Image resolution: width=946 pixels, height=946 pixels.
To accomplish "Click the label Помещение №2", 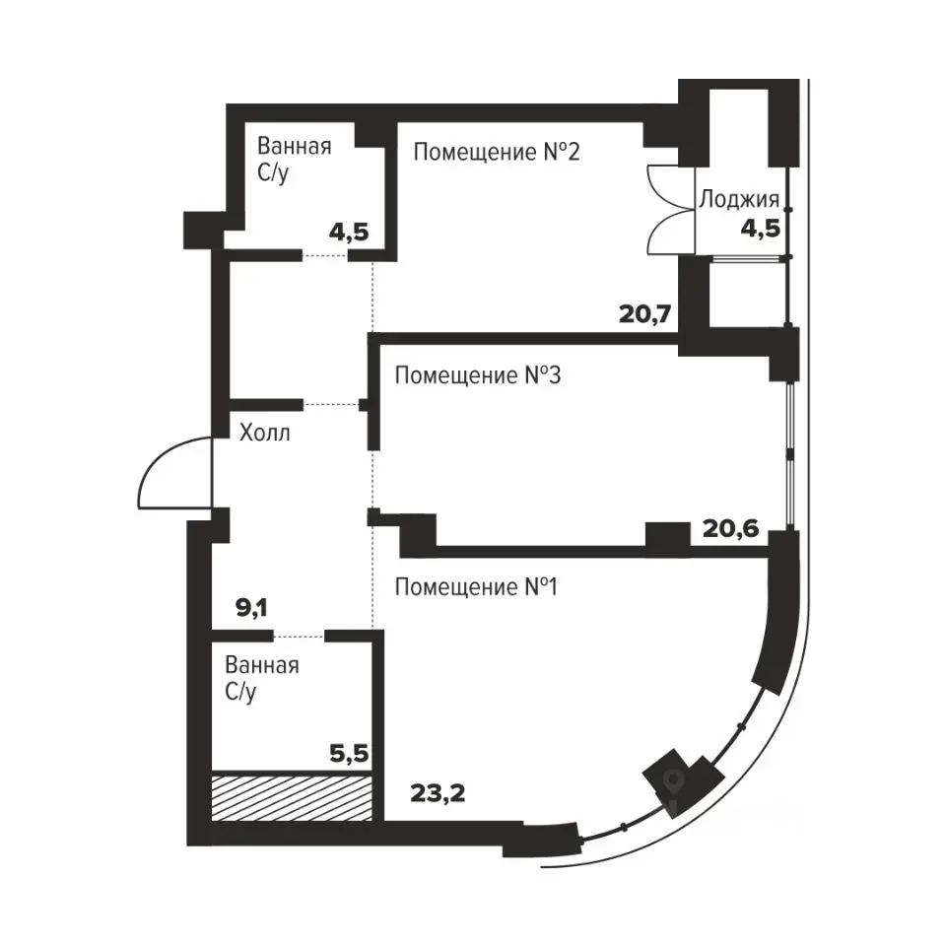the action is point(497,152).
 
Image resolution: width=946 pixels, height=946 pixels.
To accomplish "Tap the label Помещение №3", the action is point(478,375).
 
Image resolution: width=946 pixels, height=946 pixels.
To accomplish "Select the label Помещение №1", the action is point(477,586).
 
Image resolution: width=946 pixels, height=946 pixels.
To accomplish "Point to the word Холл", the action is point(265,433).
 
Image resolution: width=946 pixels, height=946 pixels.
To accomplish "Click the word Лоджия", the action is point(739,199).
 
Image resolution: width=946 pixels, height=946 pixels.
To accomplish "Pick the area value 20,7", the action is point(645,313).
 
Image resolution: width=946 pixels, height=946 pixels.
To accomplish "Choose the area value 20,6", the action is point(730,529).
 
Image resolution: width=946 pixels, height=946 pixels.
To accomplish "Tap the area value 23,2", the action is point(438,793).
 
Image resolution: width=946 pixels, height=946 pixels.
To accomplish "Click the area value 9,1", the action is point(251,608).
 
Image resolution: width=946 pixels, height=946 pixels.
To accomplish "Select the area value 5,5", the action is point(349,753).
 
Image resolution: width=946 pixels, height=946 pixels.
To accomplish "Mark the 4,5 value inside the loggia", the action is point(761,229).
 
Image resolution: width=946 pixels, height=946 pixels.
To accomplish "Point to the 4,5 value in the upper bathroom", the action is point(349,232).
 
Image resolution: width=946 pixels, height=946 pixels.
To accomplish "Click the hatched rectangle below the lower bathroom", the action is point(292,796).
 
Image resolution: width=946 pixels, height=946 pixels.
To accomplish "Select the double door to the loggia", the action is point(670,209).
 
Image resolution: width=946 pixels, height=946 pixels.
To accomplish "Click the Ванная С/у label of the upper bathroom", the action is point(295,160).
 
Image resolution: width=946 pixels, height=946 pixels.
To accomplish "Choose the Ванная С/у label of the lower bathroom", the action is point(262,678).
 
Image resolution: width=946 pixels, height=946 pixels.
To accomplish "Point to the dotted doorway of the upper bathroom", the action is point(325,256).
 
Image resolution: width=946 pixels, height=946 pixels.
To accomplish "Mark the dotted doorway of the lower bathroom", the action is point(300,636).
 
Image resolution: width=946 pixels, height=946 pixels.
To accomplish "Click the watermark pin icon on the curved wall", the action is point(674,782).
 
